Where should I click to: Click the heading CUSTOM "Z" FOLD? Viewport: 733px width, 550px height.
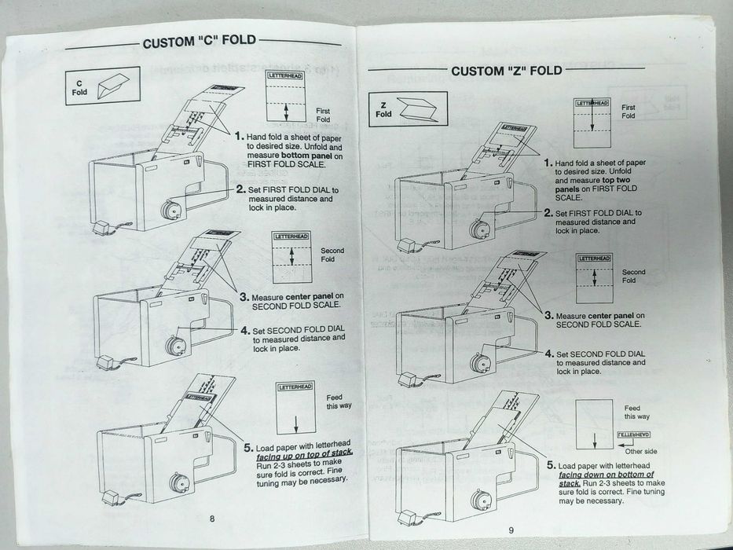(506, 71)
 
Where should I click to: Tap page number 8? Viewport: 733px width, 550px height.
(211, 518)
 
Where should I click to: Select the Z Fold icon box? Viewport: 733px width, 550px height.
(408, 109)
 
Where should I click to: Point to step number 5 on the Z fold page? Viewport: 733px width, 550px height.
(552, 464)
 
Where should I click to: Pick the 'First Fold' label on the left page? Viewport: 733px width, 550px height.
(323, 115)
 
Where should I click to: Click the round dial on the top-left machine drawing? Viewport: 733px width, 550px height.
(169, 211)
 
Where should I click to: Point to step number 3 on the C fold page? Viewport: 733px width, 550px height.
(244, 297)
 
